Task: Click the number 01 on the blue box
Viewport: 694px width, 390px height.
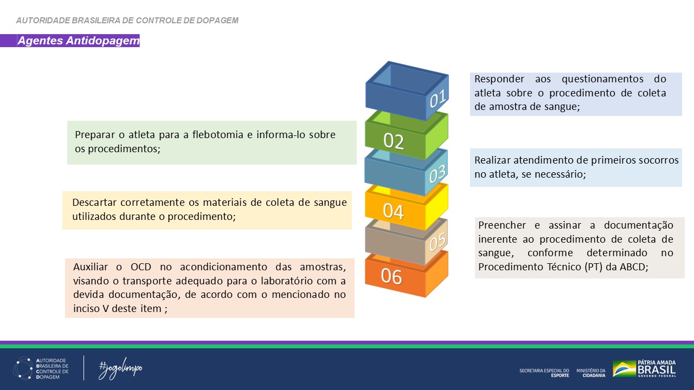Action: (438, 99)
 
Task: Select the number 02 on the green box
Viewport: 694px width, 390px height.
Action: (394, 141)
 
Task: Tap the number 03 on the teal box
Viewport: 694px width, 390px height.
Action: (438, 174)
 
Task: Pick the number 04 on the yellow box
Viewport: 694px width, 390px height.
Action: (393, 212)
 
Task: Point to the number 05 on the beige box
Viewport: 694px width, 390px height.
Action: (438, 240)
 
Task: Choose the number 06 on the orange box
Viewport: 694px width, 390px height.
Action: (391, 276)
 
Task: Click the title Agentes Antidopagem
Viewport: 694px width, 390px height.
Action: (79, 41)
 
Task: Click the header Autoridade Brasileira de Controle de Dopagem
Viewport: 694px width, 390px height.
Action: (127, 21)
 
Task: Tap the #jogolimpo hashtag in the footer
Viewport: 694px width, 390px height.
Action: (120, 369)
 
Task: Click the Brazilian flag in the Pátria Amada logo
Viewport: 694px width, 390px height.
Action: (624, 369)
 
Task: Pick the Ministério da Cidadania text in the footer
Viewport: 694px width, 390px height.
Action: (591, 372)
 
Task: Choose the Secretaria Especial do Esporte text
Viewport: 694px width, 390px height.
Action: (544, 372)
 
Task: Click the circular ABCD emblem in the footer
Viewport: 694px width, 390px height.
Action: (23, 368)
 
